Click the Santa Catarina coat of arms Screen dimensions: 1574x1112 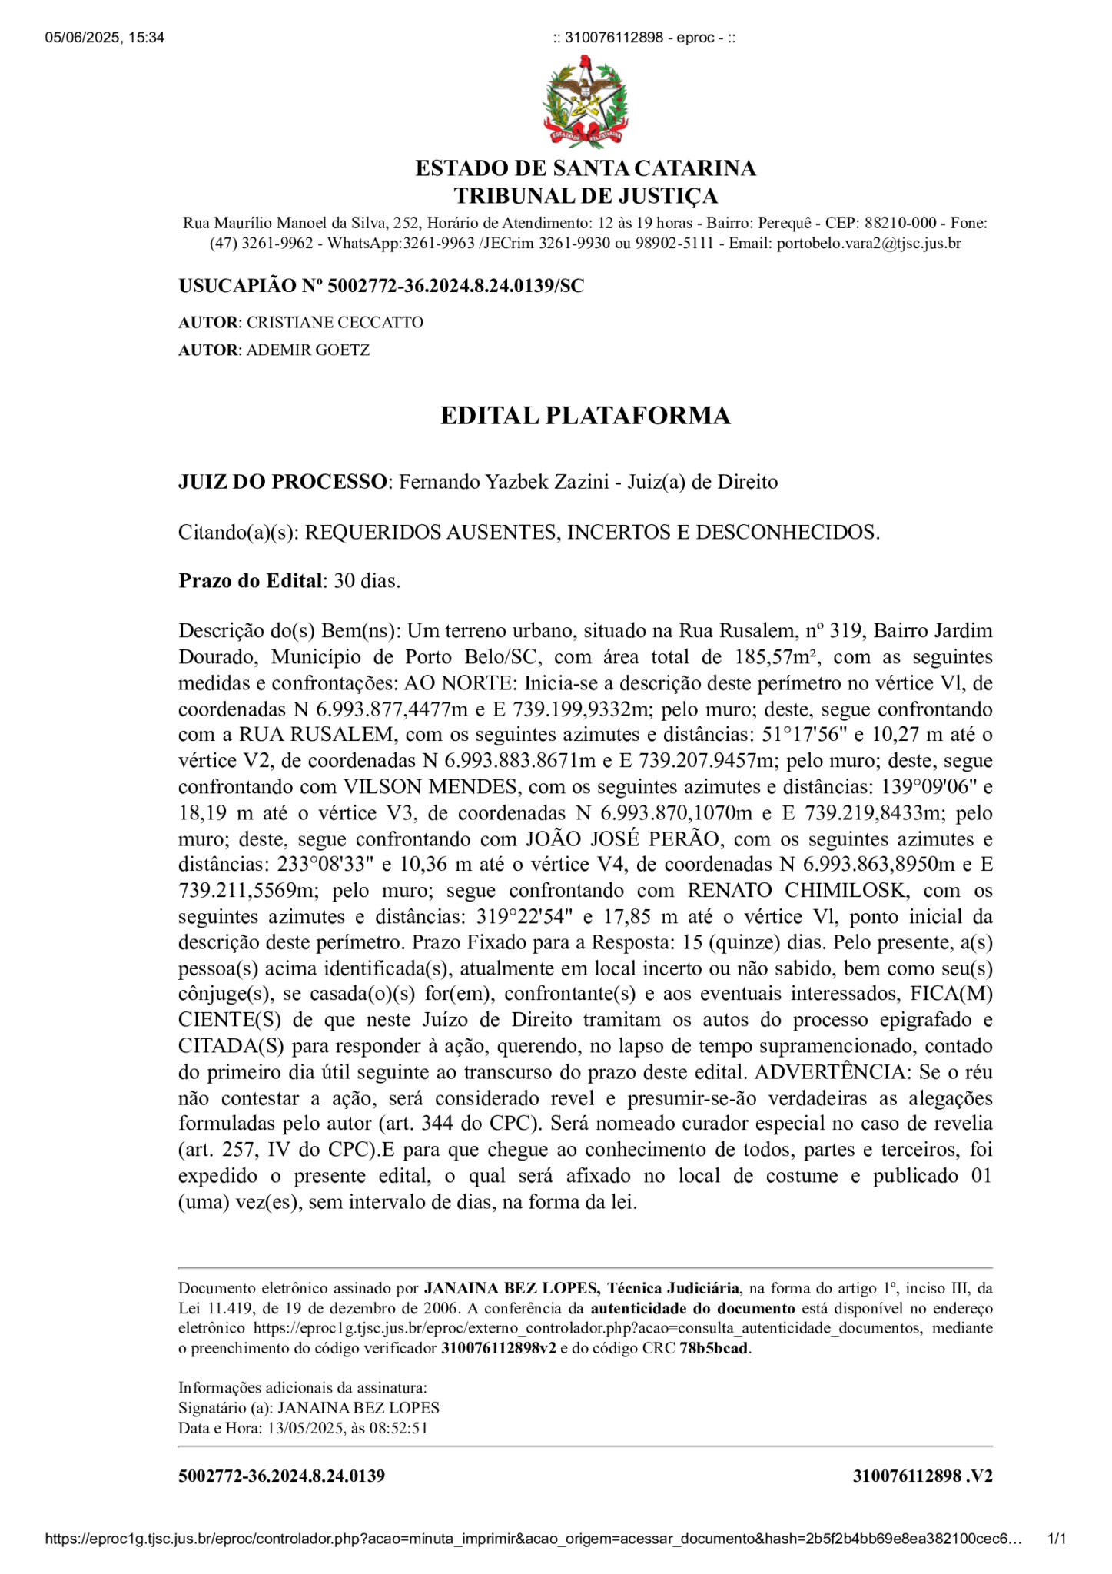(586, 101)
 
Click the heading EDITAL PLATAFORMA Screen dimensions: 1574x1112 (585, 415)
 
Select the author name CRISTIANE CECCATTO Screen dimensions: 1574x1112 (334, 322)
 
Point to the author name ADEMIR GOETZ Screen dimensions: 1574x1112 (307, 350)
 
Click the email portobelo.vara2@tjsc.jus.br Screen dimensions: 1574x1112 (868, 244)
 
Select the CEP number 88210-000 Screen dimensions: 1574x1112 (900, 223)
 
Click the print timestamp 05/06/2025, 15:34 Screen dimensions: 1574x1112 (105, 38)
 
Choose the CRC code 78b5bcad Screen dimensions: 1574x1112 (714, 1348)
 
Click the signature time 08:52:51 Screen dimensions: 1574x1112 (400, 1428)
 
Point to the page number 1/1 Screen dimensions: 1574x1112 (1057, 1539)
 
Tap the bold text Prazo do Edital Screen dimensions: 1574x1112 (250, 580)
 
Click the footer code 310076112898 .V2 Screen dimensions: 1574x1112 (922, 1476)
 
